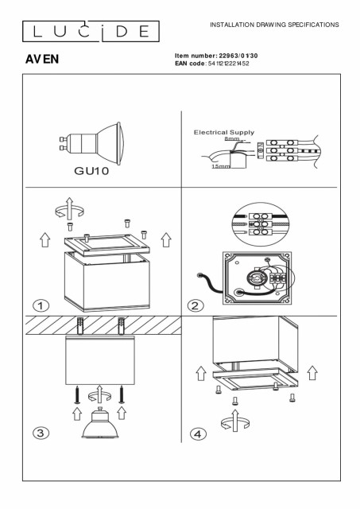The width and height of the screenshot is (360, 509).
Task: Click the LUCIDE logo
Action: click(91, 31)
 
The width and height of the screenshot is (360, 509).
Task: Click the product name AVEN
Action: click(42, 59)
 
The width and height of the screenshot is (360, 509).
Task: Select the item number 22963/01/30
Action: click(238, 56)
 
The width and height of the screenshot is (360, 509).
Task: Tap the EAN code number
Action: click(229, 64)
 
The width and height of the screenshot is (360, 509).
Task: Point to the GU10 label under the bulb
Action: click(91, 171)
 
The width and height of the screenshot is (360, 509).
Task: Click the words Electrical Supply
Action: click(224, 133)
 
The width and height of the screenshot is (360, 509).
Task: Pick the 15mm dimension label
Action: click(221, 166)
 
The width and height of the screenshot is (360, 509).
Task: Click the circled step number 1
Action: click(41, 305)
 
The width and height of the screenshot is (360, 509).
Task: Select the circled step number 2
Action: click(195, 305)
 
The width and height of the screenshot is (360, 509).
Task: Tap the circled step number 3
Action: click(41, 433)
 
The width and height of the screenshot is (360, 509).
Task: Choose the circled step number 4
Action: click(198, 434)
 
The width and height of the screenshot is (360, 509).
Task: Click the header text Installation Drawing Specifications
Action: click(274, 25)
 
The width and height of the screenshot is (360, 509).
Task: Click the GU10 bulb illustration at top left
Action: click(91, 143)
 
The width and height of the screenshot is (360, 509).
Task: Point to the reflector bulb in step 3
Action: click(100, 422)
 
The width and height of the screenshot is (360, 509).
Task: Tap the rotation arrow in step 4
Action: click(235, 421)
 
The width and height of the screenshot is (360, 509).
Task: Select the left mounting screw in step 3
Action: click(77, 394)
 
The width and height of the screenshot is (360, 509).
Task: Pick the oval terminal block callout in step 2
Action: click(261, 224)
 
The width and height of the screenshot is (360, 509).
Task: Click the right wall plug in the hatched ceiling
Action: click(122, 325)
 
